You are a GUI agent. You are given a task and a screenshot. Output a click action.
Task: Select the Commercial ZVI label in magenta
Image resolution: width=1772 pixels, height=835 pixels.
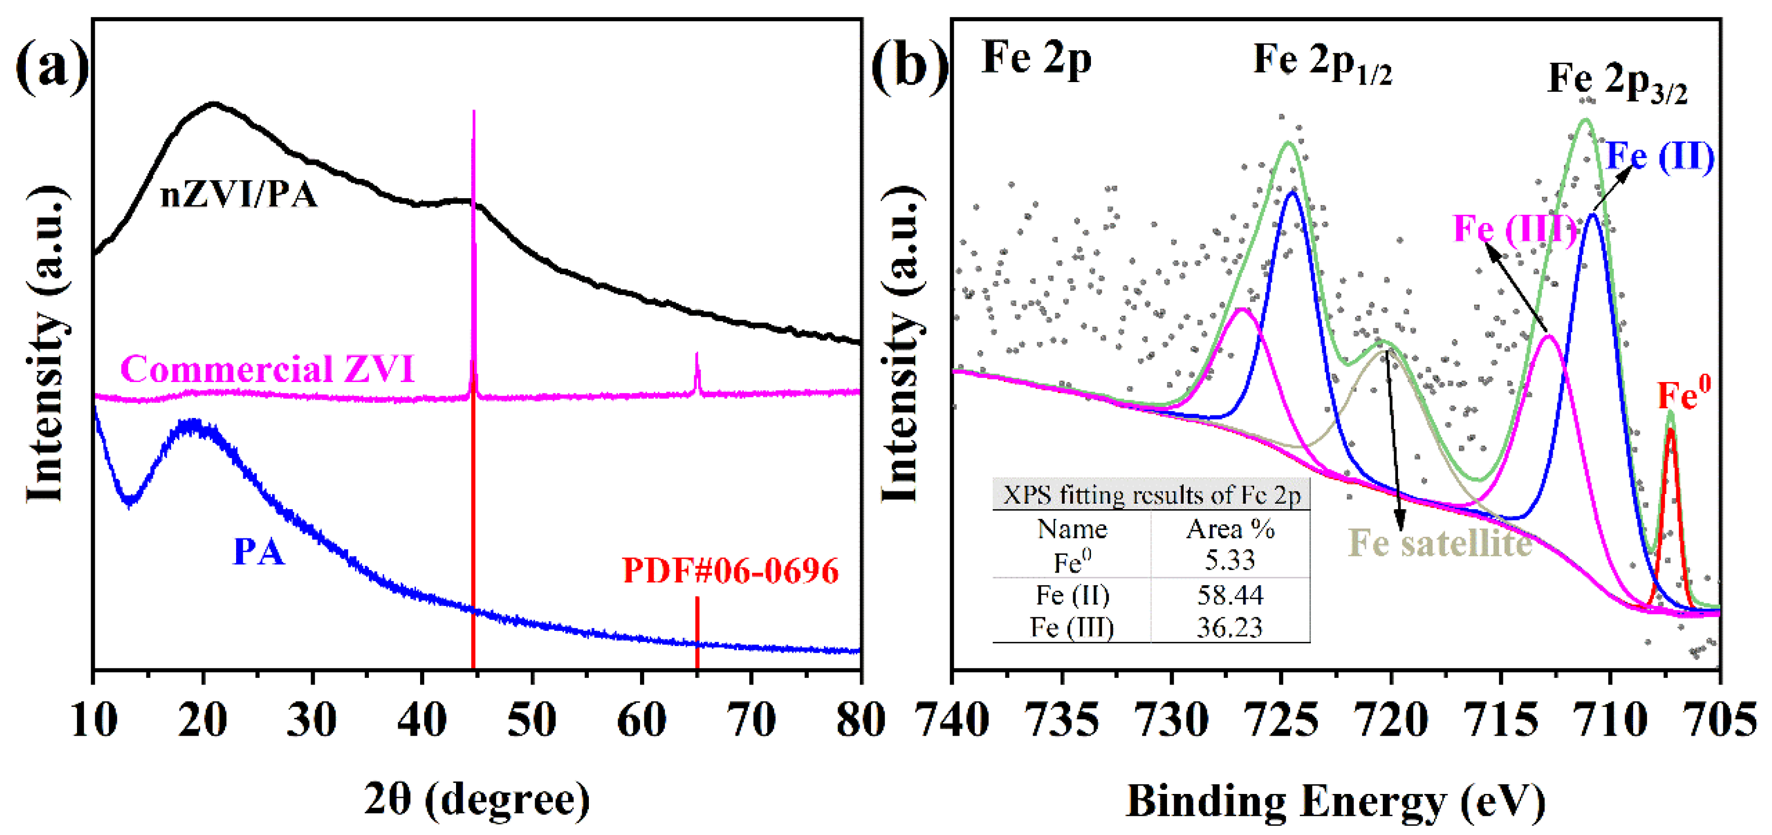267,369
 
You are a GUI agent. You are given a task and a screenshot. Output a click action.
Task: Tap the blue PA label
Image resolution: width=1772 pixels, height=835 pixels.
258,552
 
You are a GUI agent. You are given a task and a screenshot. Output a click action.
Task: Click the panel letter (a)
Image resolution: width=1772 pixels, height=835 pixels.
52,65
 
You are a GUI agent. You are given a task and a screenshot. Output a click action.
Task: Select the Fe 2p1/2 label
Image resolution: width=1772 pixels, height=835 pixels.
1322,62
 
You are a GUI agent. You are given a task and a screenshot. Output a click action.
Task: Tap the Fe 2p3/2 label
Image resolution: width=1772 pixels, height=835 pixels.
1616,82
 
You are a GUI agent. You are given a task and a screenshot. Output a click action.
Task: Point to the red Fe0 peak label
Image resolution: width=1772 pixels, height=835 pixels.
1683,395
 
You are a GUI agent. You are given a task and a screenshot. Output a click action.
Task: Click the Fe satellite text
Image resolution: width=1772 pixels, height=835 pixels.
1439,543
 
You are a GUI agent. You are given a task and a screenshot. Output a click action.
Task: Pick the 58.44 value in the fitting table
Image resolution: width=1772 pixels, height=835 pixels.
1230,595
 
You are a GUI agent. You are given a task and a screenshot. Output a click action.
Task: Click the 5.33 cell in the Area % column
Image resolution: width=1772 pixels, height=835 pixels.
1230,560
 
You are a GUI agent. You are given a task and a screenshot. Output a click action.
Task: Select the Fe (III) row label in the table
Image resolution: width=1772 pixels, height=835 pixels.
1072,627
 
